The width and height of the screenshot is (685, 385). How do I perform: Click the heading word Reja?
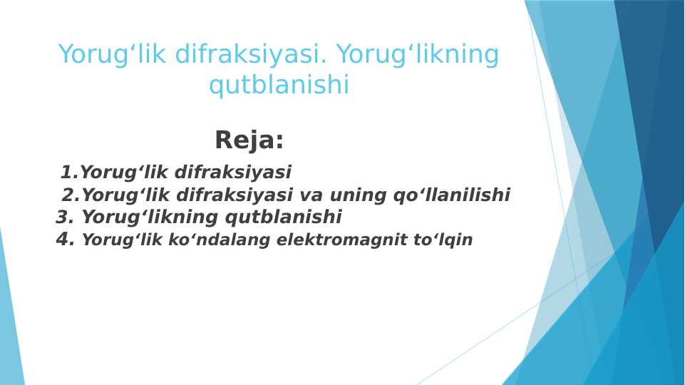pyautogui.click(x=249, y=140)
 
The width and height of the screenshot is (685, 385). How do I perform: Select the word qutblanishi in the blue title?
pyautogui.click(x=279, y=86)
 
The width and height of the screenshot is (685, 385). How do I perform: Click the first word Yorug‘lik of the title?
pyautogui.click(x=113, y=55)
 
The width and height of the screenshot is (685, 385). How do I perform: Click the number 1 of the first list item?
pyautogui.click(x=67, y=173)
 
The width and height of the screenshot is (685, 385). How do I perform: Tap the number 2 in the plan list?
pyautogui.click(x=68, y=195)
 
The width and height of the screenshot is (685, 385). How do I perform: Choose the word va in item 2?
pyautogui.click(x=311, y=195)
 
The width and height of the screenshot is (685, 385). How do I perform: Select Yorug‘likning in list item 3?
pyautogui.click(x=150, y=217)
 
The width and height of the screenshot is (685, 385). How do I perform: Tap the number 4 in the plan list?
pyautogui.click(x=63, y=240)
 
